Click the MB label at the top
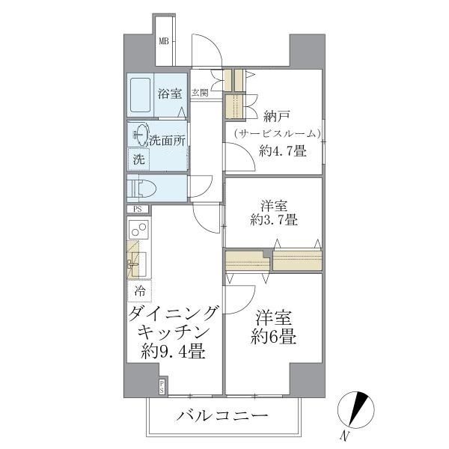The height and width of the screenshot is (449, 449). (x=163, y=41)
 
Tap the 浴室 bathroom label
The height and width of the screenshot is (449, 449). (x=169, y=94)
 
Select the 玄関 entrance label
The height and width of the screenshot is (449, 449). (x=200, y=94)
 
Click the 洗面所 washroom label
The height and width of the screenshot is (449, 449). (x=167, y=140)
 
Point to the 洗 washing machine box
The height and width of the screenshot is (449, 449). (x=138, y=159)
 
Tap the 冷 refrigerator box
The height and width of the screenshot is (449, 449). (x=139, y=289)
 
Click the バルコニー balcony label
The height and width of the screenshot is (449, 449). (x=222, y=416)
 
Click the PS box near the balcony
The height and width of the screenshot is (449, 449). (x=162, y=386)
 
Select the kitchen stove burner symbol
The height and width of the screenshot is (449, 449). (x=138, y=229)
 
